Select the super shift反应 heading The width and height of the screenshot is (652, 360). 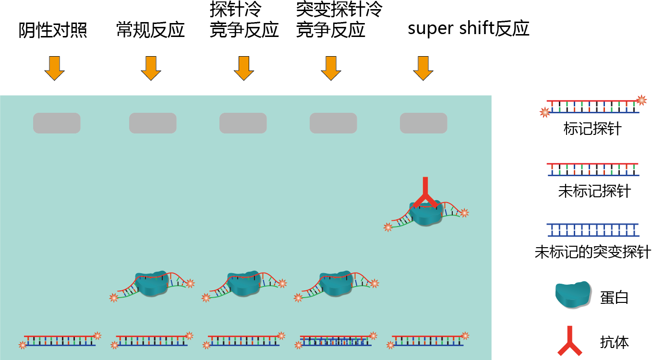pos(468,29)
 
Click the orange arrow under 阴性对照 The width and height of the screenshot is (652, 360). pos(54,68)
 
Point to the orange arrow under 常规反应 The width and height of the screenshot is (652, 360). pos(151,68)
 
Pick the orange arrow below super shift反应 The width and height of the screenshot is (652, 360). pos(423,68)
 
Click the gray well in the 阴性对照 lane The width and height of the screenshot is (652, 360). pos(57,123)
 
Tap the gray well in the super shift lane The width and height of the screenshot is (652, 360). pos(423,123)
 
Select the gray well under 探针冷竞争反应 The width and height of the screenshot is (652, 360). pos(243,123)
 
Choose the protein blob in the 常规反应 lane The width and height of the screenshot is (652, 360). pos(151,283)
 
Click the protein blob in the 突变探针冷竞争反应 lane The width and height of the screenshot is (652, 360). pos(336,283)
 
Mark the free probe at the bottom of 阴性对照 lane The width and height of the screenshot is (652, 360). pos(60,340)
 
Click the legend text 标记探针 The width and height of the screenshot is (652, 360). pos(592,129)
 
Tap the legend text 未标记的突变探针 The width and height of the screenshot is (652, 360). pos(592,252)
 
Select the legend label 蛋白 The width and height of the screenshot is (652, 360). pos(614,298)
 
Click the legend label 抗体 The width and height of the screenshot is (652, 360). pos(614,342)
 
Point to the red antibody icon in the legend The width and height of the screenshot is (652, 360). pos(570,341)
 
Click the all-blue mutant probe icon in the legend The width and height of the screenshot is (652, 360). pos(592,230)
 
